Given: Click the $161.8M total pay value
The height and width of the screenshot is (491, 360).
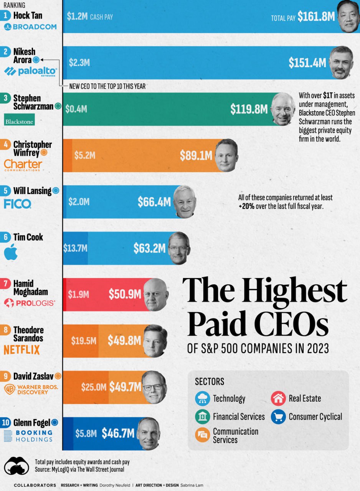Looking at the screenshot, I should coord(316,16).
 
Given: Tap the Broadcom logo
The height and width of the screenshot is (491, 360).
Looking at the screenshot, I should coord(30,27).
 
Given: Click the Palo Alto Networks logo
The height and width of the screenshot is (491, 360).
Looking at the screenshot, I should coord(30,72).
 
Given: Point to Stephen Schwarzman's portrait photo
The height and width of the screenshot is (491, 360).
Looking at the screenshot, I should coord(284,109).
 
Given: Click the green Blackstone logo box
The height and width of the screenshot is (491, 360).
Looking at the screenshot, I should coord(19,119).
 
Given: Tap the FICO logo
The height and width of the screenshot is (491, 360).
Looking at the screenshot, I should coord(15,204).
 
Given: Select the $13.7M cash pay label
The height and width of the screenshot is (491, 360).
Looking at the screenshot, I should coord(75,248).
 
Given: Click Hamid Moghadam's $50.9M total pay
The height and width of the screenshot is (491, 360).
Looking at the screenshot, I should coord(125,294).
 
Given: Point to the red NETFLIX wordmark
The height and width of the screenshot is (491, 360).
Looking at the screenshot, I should coord(22,350).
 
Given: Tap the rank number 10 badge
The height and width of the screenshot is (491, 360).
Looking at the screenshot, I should coord(6,423).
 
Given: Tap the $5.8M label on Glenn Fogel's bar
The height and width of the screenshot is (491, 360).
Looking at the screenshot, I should coord(86,433).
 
